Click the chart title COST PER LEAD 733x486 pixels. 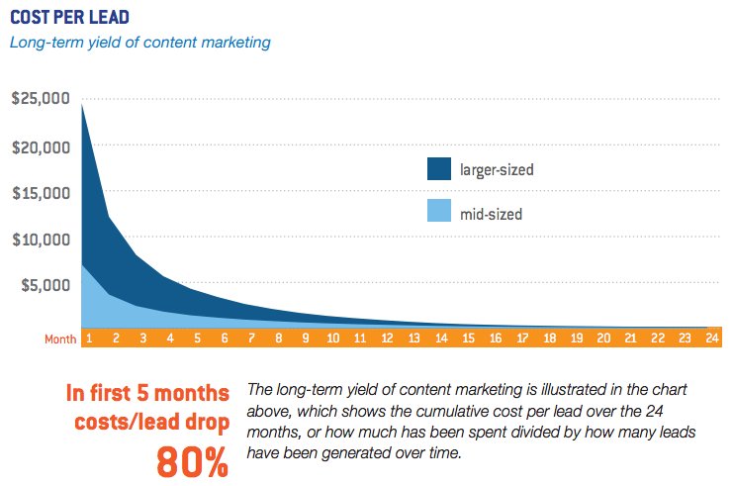pos(68,19)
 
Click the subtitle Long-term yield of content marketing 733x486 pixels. pos(139,43)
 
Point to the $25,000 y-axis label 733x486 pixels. pos(40,99)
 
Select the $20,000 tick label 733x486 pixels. pos(40,146)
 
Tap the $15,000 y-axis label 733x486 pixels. pos(40,192)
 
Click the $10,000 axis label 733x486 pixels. pos(40,239)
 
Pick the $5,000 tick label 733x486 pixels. pos(44,285)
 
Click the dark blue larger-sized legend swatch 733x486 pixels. pos(438,168)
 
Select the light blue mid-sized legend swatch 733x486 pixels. pos(438,212)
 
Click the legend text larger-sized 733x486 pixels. pos(497,169)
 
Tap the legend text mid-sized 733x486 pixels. pos(491,213)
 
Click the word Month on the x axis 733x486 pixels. pos(59,339)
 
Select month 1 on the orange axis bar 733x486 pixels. pos(88,339)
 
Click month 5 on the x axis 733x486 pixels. pos(197,339)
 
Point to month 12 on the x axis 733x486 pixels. pos(388,339)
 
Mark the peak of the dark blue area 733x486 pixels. pos(81,104)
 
